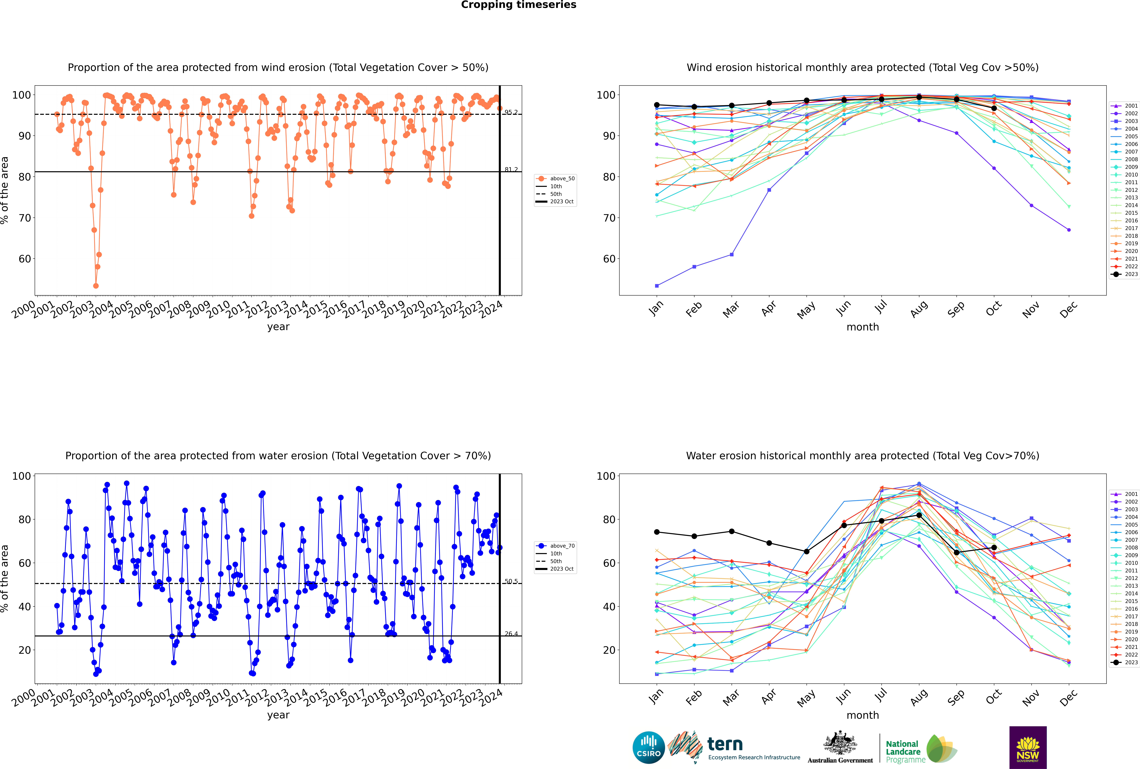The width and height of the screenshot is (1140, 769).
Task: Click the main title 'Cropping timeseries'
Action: [x=518, y=5]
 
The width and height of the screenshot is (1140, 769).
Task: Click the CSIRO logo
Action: [x=648, y=747]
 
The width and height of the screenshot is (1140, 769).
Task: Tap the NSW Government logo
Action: [x=1028, y=747]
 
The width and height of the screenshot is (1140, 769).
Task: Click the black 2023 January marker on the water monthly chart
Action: [x=657, y=532]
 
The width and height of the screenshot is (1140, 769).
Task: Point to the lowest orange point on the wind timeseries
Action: [x=96, y=286]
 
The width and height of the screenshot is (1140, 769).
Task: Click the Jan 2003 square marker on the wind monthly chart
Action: [x=657, y=286]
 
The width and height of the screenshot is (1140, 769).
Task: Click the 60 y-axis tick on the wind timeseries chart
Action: [x=24, y=259]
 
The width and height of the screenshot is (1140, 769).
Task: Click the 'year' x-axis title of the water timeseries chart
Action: [x=278, y=715]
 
